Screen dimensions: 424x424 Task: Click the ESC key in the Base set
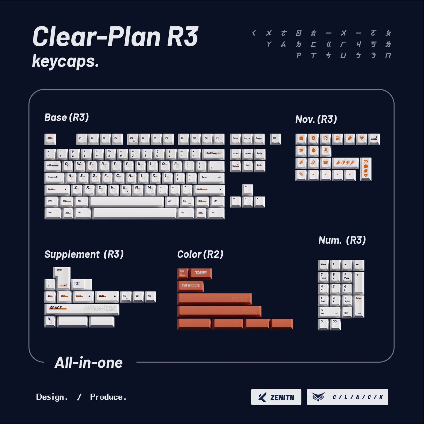(50, 139)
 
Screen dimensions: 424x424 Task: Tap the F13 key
(275, 139)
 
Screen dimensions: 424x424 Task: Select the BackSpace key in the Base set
(213, 154)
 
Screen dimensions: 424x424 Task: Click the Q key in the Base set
(67, 165)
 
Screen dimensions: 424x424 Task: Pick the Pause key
(259, 139)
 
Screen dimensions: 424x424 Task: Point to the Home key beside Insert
(247, 154)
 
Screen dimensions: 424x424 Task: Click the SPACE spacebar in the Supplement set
(82, 309)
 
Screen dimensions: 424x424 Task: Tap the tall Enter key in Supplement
(62, 277)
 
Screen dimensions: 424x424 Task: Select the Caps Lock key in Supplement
(81, 284)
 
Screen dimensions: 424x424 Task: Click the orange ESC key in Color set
(183, 273)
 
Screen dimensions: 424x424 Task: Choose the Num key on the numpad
(323, 265)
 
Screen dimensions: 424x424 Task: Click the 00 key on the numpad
(335, 324)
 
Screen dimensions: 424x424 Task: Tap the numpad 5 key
(335, 289)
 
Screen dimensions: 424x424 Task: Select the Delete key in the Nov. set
(374, 139)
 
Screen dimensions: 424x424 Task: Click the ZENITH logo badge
(276, 397)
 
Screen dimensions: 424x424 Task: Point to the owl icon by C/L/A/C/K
(318, 397)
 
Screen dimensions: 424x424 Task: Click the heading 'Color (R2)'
(200, 254)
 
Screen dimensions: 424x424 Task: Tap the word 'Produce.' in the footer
(108, 397)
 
